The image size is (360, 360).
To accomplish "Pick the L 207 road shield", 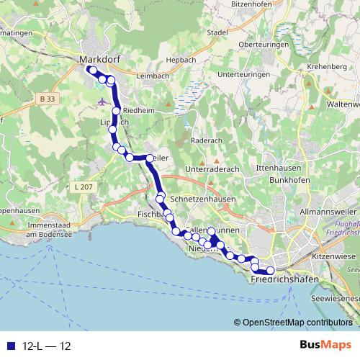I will [84, 187].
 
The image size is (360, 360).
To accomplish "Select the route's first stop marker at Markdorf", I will [91, 70].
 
